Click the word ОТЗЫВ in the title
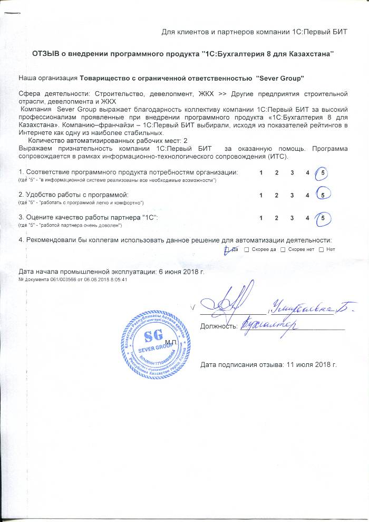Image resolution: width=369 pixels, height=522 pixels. (47, 54)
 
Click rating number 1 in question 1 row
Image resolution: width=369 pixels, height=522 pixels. (261, 173)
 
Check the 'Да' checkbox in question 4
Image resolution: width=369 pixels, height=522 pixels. (227, 249)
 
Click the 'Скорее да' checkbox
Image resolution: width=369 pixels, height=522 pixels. (247, 249)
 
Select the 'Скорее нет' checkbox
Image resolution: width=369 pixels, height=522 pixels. (283, 249)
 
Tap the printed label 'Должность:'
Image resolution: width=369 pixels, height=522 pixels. (217, 327)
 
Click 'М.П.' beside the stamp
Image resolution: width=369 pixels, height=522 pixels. (171, 343)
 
